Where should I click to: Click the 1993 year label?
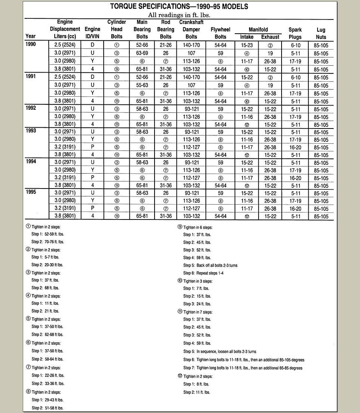tap(31, 131)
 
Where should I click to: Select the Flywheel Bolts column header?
tap(220, 33)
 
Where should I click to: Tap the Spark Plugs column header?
tap(295, 33)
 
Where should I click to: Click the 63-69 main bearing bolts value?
tap(142, 53)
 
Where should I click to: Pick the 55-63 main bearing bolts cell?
tap(142, 85)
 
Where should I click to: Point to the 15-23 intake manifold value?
tap(247, 45)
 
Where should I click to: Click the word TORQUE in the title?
tap(126, 7)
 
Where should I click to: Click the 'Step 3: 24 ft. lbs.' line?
tap(197, 304)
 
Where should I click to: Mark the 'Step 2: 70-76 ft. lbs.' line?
tap(47, 242)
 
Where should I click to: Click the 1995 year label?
tap(31, 192)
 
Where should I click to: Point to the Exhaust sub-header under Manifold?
tap(270, 37)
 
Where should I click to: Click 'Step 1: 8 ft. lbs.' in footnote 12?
tap(195, 384)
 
